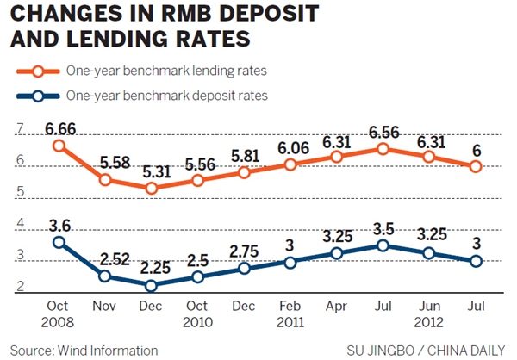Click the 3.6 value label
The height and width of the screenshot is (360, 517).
click(x=59, y=224)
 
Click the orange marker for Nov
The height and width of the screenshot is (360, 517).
click(x=106, y=180)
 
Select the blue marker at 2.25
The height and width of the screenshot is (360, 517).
click(x=152, y=286)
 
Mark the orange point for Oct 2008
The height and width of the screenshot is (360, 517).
click(x=59, y=146)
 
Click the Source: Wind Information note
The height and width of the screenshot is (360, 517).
click(x=83, y=350)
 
